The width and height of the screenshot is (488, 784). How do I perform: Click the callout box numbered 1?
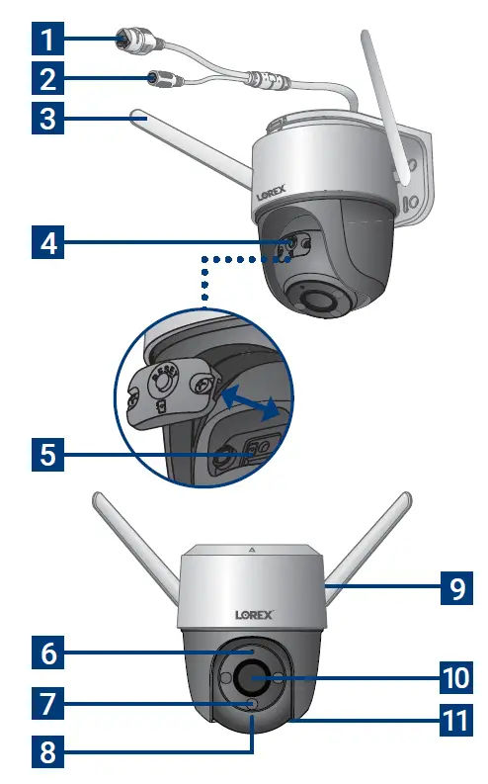pos(48,41)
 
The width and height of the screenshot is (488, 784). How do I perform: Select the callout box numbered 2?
pos(48,80)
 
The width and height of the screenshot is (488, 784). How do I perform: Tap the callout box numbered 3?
pos(48,120)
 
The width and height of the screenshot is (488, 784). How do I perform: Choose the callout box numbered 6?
pos(47,653)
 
